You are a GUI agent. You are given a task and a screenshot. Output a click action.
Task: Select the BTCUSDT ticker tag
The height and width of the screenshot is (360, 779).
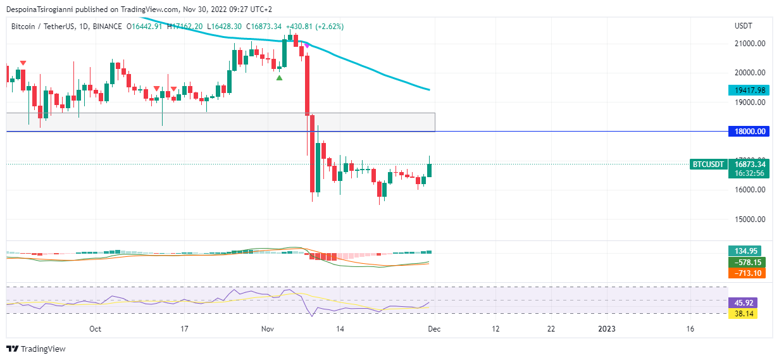point(707,164)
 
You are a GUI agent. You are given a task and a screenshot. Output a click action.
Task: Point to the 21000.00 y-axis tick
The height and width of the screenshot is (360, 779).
point(751,44)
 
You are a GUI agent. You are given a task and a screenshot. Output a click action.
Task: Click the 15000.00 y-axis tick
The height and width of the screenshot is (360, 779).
point(751,220)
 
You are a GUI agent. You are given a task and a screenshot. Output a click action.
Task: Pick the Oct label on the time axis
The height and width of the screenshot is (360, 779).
point(95,329)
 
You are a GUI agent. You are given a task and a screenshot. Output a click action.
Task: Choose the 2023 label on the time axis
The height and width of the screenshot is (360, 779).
point(607,329)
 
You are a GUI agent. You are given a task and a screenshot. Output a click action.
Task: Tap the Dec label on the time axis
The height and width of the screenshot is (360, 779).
point(434,329)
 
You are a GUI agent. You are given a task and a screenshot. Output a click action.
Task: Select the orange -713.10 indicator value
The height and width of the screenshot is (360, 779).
point(747,273)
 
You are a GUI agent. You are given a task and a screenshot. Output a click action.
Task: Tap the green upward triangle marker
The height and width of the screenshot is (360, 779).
point(279,77)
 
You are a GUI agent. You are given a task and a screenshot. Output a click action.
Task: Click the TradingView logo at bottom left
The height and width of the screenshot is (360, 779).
point(36,349)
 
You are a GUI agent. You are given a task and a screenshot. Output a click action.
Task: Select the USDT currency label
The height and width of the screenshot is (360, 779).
point(743,27)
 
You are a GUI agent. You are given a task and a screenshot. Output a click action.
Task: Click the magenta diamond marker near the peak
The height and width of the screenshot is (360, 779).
point(307,46)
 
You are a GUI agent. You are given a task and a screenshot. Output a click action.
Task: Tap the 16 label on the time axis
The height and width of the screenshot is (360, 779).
point(690,329)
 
